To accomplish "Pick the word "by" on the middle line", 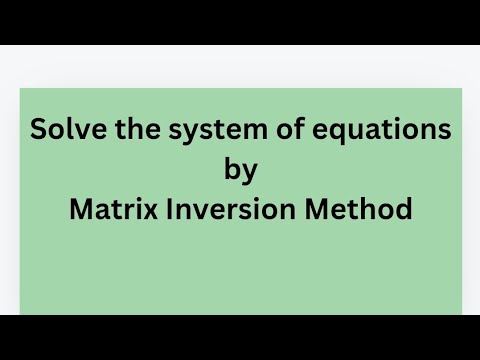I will click(241, 171).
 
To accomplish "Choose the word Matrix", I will click(108, 210).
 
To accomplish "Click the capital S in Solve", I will click(39, 130).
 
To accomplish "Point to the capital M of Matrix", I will click(79, 210).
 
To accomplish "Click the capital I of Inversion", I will click(176, 210).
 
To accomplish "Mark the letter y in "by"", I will click(251, 173).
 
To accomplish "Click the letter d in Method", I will click(403, 210).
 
